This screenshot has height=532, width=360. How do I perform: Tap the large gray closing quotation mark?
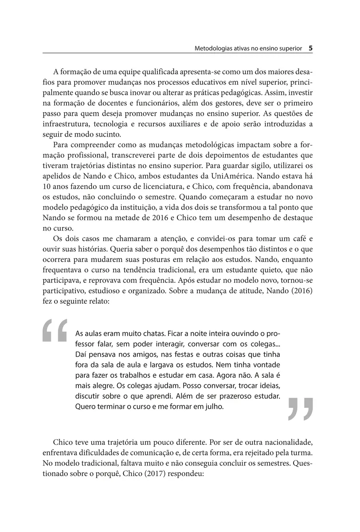click(301, 408)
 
